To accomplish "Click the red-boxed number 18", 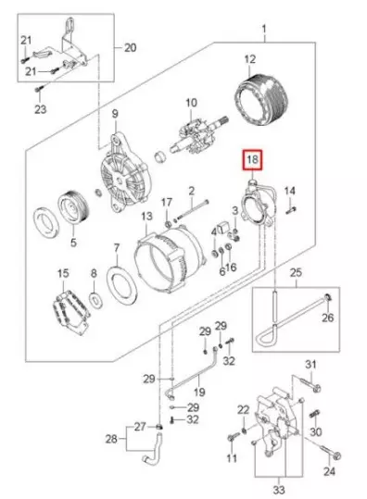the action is point(252,160).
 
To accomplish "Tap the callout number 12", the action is point(250,60).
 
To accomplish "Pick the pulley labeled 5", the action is point(73,207).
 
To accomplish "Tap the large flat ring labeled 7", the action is point(122,286).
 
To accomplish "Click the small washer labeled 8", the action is point(95,298).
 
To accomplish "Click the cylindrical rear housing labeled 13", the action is point(167,258).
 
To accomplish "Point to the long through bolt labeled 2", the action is point(193,210).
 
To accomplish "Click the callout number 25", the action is point(296,273).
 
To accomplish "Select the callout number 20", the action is point(131,48).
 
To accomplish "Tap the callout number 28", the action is point(111,440).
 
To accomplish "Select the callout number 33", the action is point(278,490).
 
